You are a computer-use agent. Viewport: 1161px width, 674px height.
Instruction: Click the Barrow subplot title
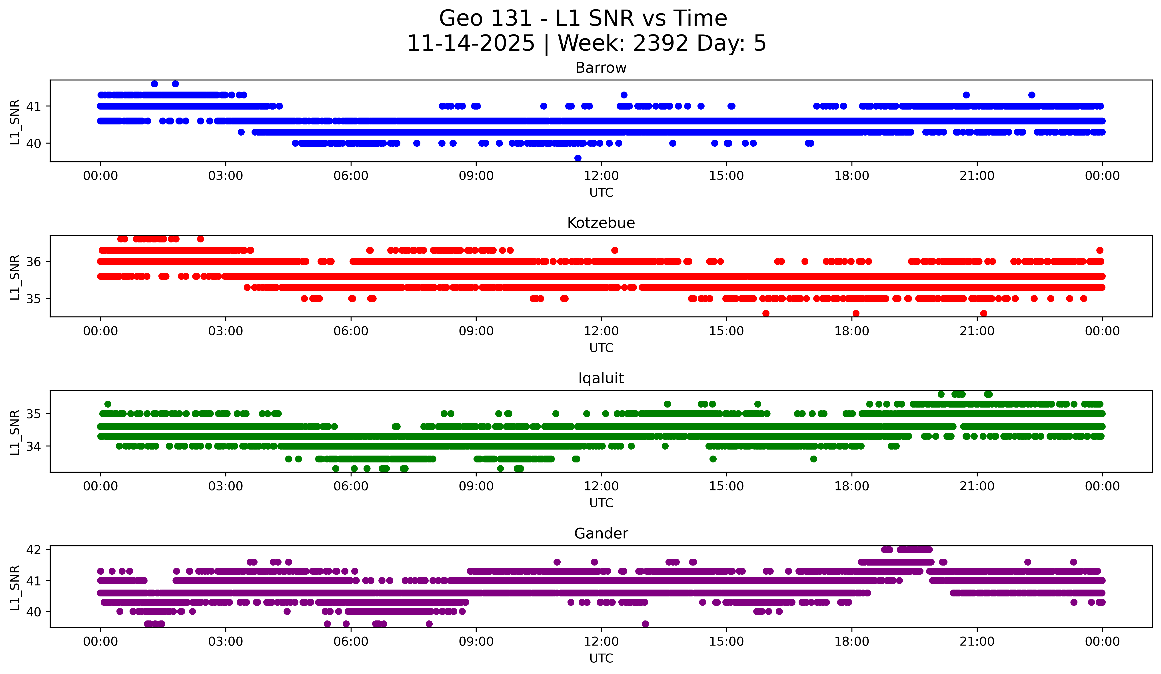[601, 68]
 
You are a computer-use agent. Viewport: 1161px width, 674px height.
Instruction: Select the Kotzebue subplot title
[601, 223]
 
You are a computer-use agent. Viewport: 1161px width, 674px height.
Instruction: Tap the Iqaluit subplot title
[601, 378]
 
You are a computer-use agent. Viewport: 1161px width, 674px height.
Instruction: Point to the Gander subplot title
[601, 534]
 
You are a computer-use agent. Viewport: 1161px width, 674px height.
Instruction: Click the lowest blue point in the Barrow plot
[578, 158]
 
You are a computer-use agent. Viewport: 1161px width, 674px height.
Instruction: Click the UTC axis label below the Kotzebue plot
[601, 348]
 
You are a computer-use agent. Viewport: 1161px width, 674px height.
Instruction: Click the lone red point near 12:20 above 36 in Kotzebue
[615, 250]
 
